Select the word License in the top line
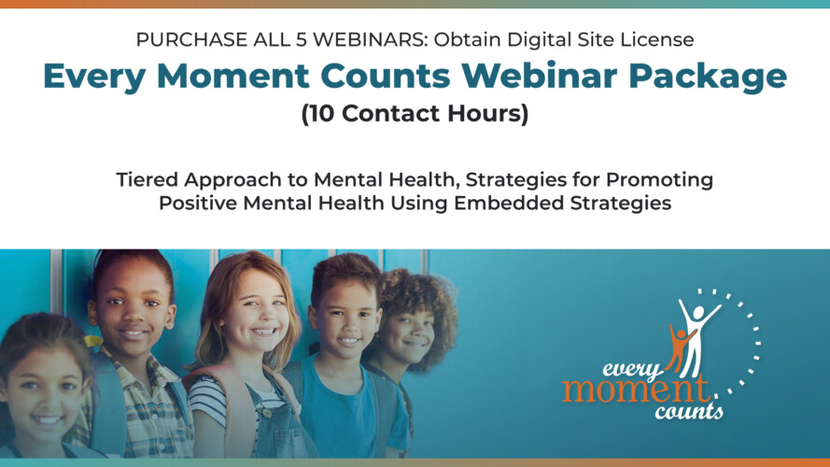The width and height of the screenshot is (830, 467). coord(661,39)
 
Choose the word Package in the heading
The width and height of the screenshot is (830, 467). coord(709,77)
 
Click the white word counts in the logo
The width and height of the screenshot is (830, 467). coord(692,408)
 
